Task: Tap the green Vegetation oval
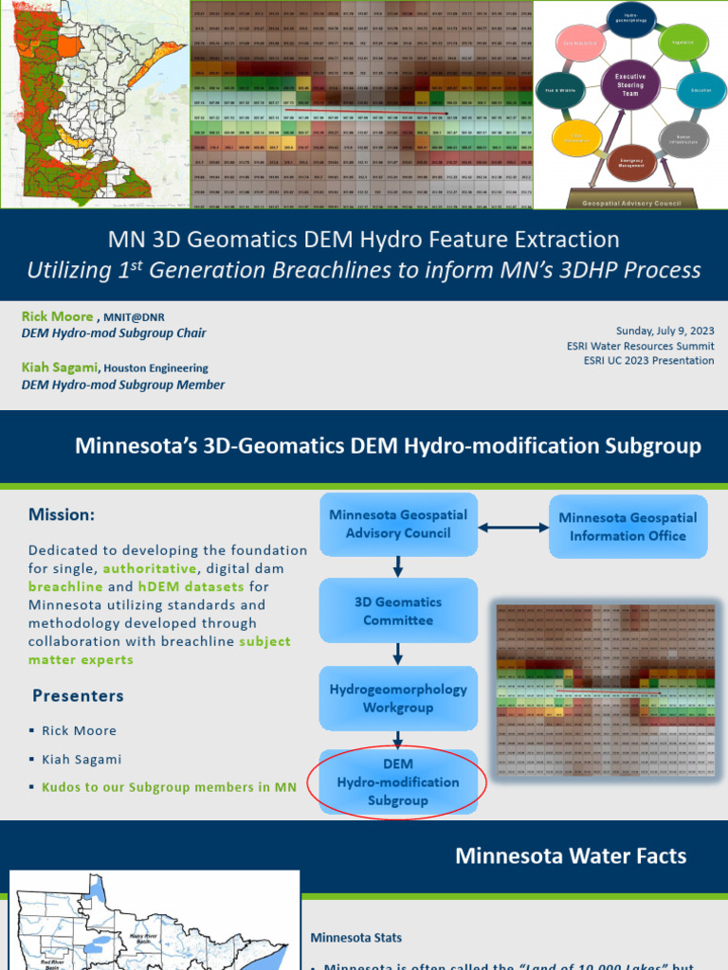tap(681, 43)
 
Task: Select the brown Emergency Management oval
tap(631, 162)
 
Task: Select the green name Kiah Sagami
tap(60, 367)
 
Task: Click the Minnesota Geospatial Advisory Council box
tap(398, 524)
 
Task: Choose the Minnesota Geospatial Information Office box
tap(628, 526)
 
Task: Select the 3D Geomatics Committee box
tap(398, 611)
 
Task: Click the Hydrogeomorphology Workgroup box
tap(398, 698)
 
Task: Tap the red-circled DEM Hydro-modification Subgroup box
tap(398, 781)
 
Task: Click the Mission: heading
tap(62, 514)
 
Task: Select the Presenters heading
tap(78, 695)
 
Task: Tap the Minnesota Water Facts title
tap(571, 855)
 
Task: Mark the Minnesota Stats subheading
tap(355, 937)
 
